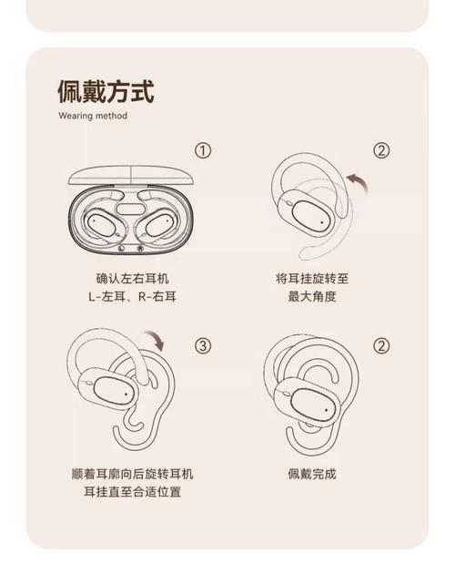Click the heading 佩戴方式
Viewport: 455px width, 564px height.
click(105, 91)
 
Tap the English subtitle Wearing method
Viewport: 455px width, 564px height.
click(93, 116)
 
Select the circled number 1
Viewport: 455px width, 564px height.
click(203, 150)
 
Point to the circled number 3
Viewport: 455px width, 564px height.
click(203, 345)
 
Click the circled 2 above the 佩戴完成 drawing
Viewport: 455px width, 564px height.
click(381, 345)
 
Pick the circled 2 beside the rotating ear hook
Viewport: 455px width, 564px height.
click(381, 150)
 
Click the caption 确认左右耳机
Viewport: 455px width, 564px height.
click(132, 279)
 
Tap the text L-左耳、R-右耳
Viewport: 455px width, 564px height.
click(132, 297)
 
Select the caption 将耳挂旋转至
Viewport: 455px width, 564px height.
click(311, 279)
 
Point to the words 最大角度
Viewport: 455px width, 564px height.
click(311, 297)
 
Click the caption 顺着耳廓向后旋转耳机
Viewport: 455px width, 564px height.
click(132, 474)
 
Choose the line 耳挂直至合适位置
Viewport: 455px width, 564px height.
click(132, 492)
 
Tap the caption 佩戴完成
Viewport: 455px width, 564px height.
click(311, 474)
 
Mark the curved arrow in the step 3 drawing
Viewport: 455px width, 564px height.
click(158, 342)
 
